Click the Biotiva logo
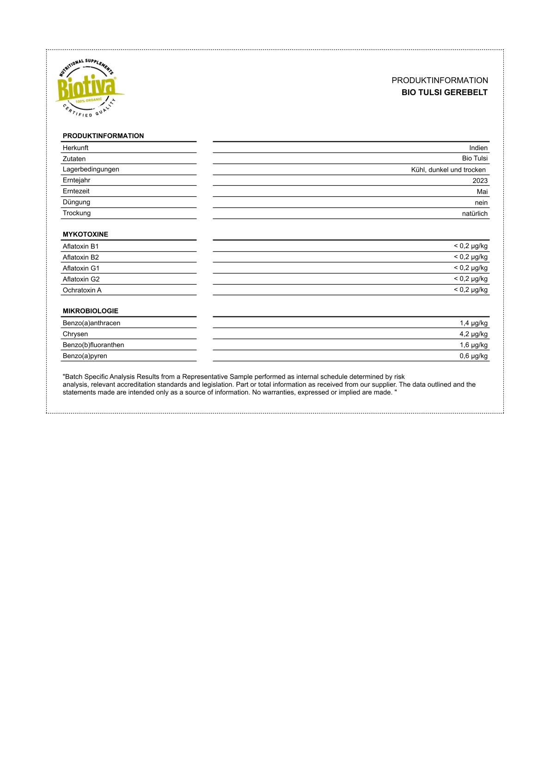(88, 88)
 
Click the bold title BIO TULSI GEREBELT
(444, 92)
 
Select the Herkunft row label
(75, 148)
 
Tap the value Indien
(478, 148)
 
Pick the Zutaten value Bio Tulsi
(474, 158)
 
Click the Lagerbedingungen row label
(91, 170)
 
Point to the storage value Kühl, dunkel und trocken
(448, 170)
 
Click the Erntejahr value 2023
(480, 181)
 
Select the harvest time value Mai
(482, 192)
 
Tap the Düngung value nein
(481, 203)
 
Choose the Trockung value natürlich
(474, 213)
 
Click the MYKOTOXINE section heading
(85, 234)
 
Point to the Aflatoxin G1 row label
(81, 268)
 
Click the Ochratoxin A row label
(82, 290)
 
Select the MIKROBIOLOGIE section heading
(90, 311)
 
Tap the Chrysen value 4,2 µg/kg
(473, 334)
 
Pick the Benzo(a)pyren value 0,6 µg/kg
(473, 356)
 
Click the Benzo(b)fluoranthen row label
(93, 345)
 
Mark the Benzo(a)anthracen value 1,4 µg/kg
(473, 323)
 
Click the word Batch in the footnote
(74, 377)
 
